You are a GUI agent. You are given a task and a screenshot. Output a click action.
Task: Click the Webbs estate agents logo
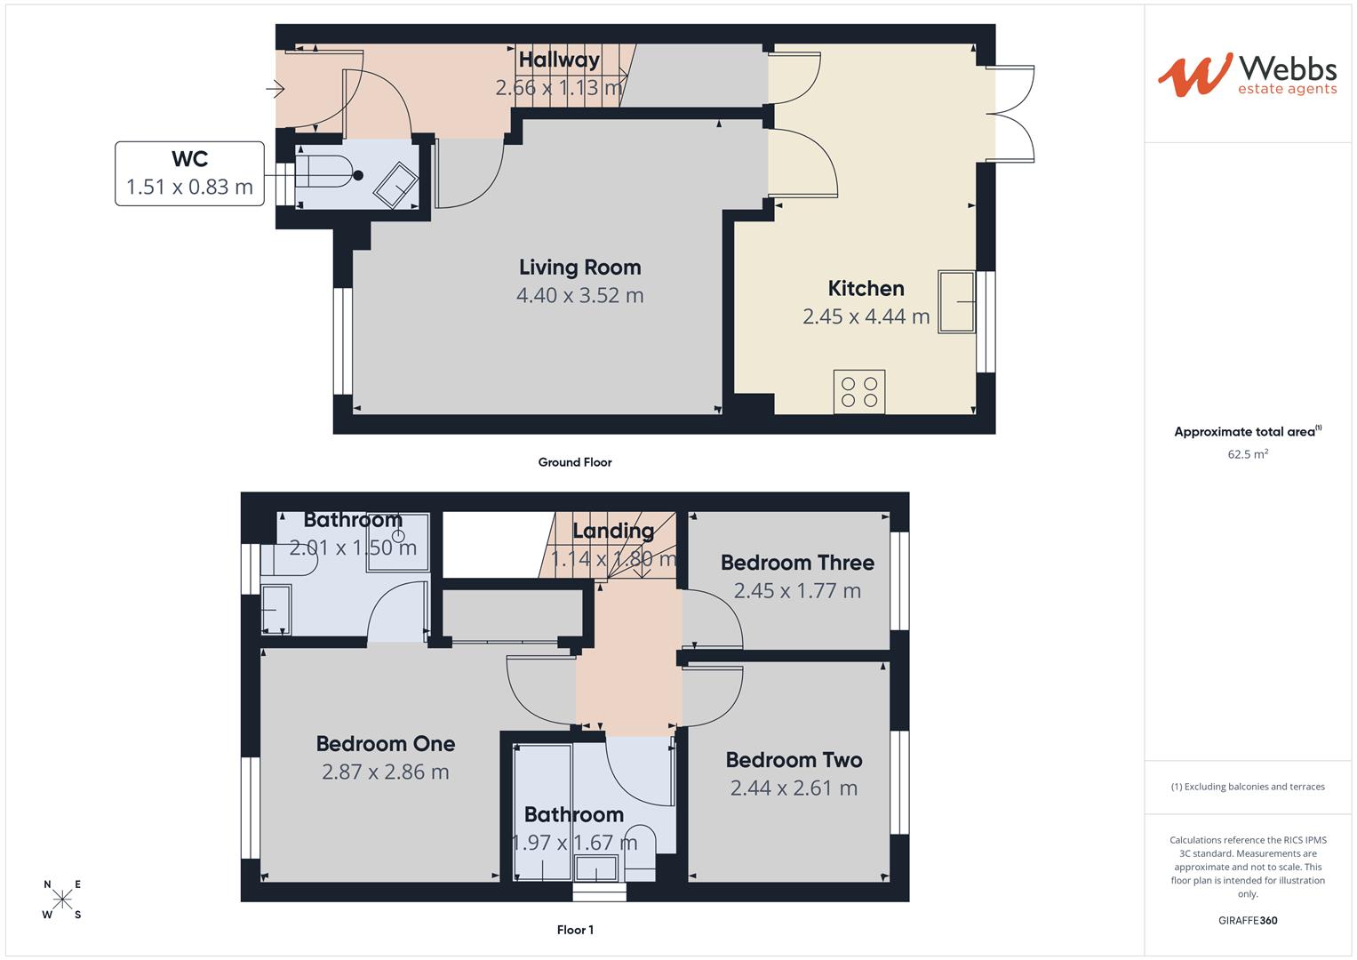[1247, 75]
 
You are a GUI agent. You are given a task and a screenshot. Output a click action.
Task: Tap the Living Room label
[579, 268]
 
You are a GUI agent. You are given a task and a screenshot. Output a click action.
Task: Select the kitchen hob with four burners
[859, 392]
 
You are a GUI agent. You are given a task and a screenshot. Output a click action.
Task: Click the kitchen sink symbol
[957, 302]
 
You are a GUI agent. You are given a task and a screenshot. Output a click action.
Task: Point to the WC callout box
[189, 173]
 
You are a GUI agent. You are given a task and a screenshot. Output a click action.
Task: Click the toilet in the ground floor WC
[325, 172]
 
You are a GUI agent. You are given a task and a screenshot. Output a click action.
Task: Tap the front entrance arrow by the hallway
[275, 89]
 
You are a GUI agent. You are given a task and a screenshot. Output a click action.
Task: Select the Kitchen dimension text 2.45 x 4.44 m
[866, 316]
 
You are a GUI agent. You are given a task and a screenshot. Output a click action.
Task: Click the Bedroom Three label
[797, 563]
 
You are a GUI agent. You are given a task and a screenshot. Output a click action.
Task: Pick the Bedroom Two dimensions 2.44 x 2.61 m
[794, 788]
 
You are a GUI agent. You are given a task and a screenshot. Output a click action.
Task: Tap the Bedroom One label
[386, 744]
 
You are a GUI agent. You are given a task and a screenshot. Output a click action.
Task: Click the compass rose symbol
[62, 900]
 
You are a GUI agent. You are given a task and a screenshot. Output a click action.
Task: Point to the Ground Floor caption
[575, 462]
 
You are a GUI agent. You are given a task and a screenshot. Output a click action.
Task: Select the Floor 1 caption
[575, 930]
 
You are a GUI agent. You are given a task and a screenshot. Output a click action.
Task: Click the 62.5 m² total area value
[1248, 454]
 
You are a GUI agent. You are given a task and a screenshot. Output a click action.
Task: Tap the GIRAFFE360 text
[1248, 920]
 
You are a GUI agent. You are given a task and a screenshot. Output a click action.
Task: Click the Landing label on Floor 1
[613, 532]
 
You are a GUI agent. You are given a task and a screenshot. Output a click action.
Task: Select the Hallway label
[559, 60]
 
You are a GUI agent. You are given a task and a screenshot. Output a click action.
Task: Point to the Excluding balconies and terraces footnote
[1248, 787]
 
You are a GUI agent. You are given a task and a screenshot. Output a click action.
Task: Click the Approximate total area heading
[1246, 432]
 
